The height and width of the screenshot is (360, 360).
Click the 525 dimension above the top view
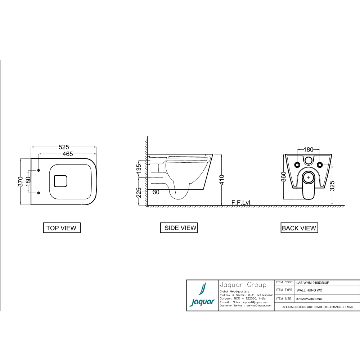[64, 147]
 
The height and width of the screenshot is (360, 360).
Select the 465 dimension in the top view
[67, 154]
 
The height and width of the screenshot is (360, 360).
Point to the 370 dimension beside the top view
[21, 181]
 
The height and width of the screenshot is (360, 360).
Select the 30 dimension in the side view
[156, 192]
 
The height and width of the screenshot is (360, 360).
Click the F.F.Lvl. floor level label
[242, 203]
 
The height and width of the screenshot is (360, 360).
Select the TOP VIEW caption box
[61, 228]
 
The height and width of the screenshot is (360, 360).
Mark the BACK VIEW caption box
[299, 228]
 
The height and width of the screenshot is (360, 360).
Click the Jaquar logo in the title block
[202, 295]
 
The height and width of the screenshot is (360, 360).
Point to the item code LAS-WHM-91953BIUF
[312, 283]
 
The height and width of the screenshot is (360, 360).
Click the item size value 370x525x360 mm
[309, 299]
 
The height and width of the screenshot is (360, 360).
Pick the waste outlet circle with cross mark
[308, 177]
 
